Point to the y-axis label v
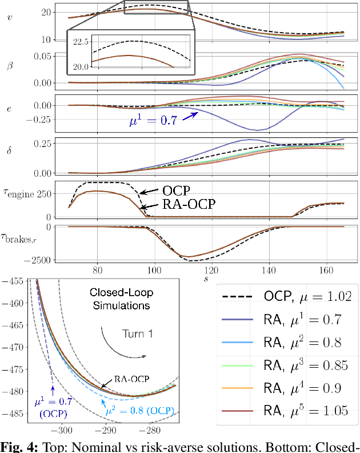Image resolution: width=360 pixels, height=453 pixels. coord(8,17)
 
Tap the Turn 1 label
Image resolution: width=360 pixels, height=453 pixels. coord(137,333)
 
